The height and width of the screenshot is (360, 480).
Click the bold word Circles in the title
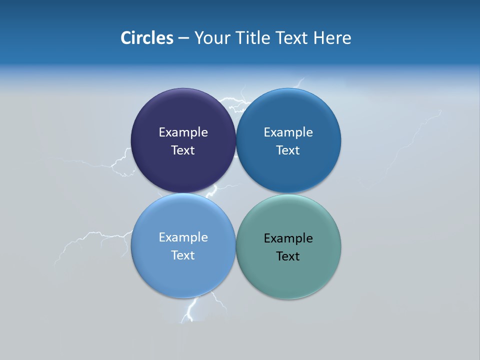point(147,37)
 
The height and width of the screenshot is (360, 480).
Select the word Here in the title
point(332,37)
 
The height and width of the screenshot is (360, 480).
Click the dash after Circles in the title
point(183,38)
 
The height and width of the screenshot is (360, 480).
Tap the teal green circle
point(288,275)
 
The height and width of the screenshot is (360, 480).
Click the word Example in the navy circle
point(183,132)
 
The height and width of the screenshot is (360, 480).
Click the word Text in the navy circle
point(183,150)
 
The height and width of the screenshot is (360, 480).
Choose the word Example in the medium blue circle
point(288,132)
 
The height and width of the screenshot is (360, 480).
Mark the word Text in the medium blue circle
point(288,150)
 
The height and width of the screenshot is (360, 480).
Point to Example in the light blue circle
point(183,237)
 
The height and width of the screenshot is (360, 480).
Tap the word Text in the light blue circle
point(183,255)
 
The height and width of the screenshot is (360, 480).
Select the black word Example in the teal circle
point(288,238)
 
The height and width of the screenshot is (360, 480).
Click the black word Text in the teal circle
point(288,256)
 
